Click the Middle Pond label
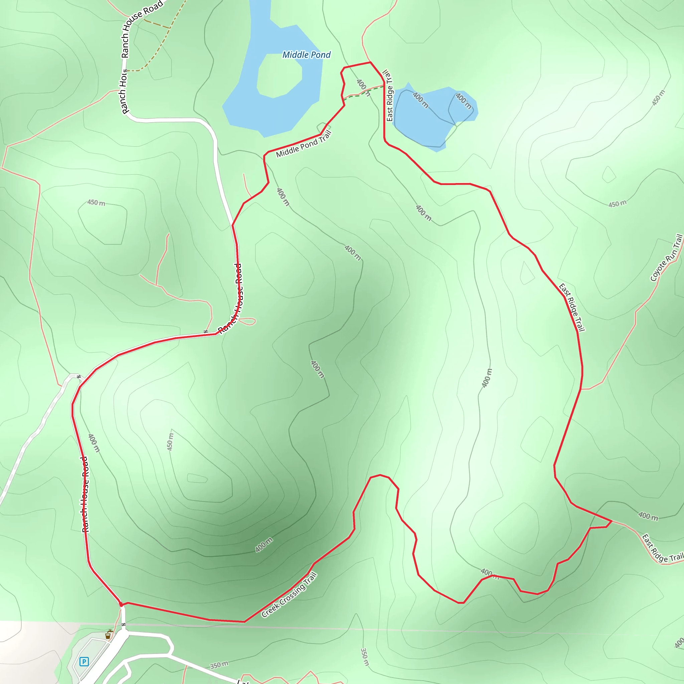306,55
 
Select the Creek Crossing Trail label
289,595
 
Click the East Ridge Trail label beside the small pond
389,96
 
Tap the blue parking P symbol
84,661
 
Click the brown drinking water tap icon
108,636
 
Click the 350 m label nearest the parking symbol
219,665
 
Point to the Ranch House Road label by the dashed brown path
142,28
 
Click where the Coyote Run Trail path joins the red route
581,389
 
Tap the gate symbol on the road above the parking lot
123,625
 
